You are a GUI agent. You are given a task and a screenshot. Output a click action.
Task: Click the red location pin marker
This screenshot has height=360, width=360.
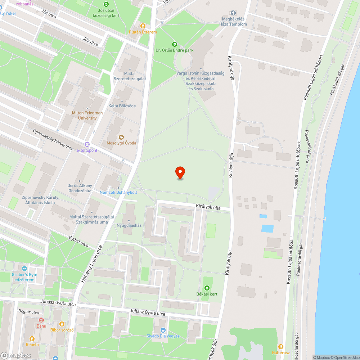point(180,173)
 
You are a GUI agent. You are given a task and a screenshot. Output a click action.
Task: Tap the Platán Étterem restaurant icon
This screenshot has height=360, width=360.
point(143,26)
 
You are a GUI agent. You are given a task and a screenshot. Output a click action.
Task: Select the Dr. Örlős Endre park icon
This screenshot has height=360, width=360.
point(175,44)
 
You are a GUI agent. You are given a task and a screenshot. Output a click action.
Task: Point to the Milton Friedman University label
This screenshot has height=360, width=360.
point(87,116)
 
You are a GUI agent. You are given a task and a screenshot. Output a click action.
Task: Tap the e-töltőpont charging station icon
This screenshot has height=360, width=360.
point(87,144)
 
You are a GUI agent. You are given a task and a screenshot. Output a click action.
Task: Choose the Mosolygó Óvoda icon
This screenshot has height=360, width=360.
point(121,137)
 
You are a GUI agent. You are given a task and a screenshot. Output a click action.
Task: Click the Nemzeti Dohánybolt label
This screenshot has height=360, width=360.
point(118,192)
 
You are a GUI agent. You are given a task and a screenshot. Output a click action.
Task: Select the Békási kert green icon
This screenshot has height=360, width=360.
point(207,288)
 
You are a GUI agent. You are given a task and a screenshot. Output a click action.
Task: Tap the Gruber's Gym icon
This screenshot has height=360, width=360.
point(24,268)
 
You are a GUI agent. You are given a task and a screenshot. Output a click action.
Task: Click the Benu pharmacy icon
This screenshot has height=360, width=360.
point(41,320)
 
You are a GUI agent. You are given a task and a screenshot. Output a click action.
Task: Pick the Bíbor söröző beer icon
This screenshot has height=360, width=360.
point(62,324)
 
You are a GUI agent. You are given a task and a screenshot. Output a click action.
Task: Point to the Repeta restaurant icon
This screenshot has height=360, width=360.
point(32,338)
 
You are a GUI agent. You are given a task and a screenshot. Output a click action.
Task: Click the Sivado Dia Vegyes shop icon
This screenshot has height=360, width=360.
point(163,330)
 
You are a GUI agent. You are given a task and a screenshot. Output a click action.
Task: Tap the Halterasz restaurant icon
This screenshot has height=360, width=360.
point(280,346)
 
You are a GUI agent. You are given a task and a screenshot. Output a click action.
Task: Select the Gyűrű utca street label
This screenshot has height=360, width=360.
point(78,242)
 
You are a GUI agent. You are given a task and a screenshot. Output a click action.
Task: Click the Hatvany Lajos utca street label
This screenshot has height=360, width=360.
point(92,264)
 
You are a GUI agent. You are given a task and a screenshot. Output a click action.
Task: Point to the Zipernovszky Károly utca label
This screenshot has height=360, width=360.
point(52,140)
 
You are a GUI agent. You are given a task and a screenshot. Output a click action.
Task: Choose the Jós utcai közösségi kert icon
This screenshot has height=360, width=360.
point(106,4)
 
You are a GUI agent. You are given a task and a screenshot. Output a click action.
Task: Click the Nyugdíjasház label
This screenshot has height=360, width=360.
point(129,225)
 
